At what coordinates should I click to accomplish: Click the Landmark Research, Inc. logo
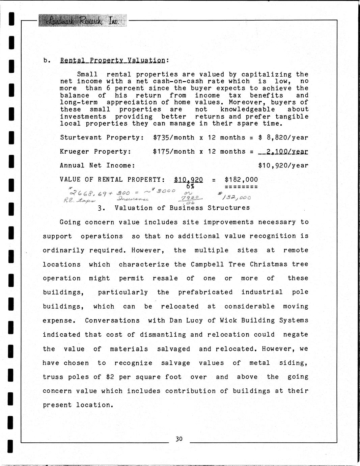point(83,21)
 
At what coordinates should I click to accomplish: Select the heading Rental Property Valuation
point(113,60)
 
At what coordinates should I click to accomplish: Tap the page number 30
point(179,439)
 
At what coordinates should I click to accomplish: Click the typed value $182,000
point(241,180)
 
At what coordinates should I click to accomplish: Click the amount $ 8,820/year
point(283,137)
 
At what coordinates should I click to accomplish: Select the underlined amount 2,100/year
point(283,152)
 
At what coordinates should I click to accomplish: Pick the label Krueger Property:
point(95,152)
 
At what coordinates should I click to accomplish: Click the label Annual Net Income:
point(98,165)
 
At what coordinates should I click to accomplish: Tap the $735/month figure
point(173,137)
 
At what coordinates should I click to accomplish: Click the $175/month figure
point(173,152)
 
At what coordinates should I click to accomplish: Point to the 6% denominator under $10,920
point(189,186)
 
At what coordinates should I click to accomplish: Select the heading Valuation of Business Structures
point(182,208)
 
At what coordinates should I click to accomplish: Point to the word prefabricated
point(205,292)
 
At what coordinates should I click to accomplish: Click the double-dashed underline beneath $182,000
point(241,187)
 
